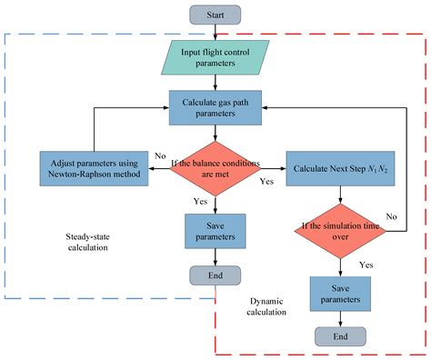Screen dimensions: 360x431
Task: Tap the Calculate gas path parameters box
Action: point(215,106)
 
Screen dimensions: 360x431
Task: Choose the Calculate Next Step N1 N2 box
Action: point(339,167)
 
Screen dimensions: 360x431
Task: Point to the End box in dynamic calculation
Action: point(338,335)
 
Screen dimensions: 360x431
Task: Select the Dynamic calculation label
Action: point(267,305)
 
